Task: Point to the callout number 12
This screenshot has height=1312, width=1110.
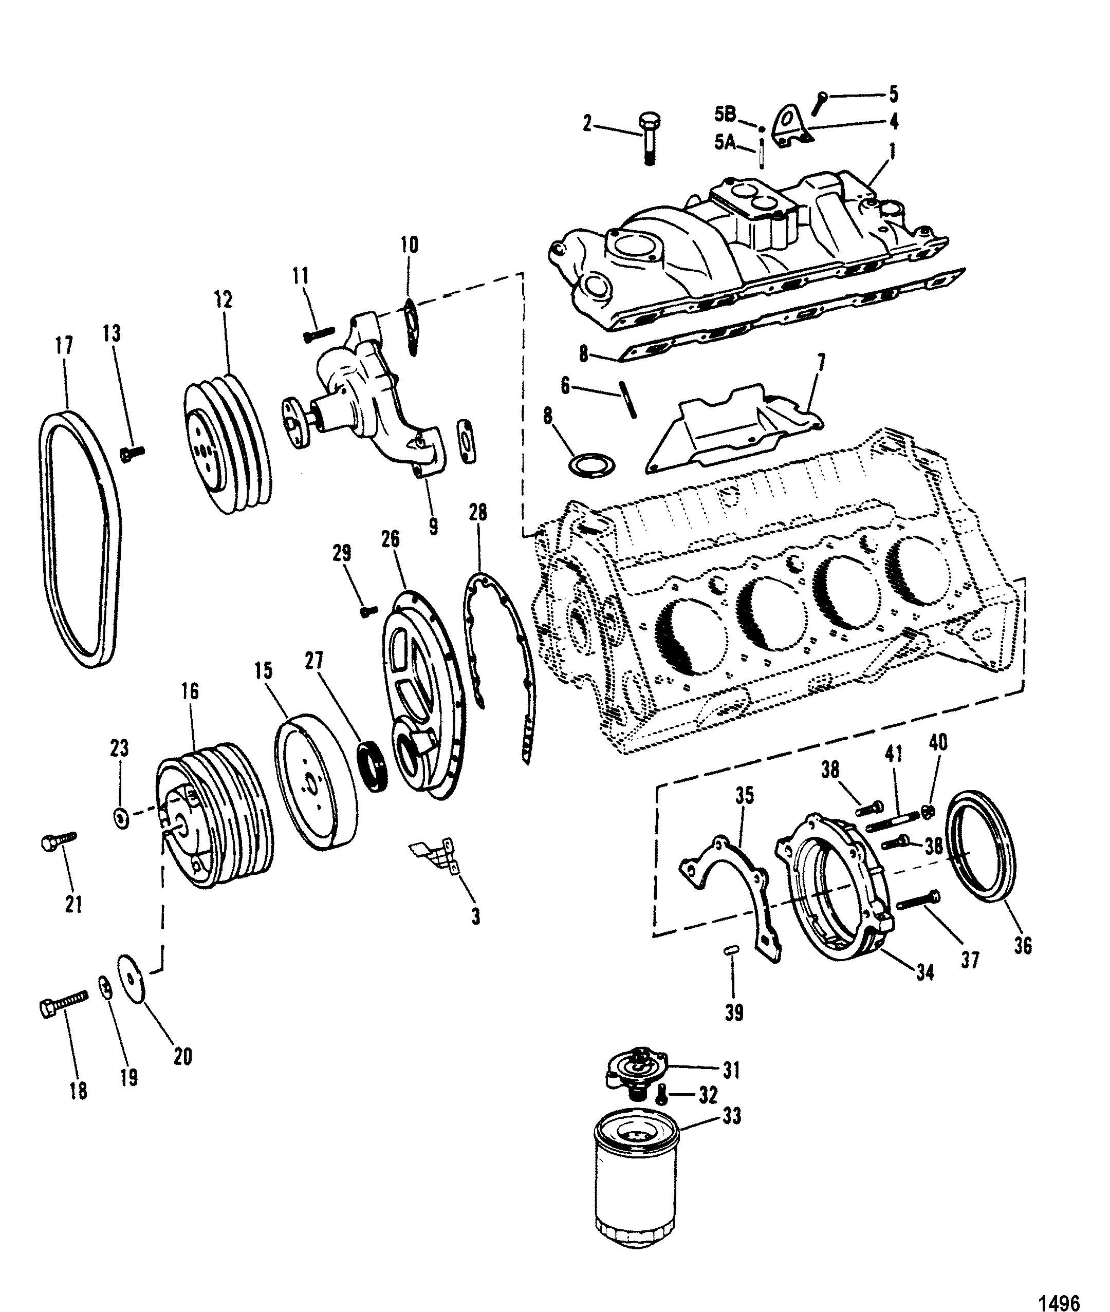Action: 223,299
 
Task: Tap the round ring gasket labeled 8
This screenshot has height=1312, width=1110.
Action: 591,467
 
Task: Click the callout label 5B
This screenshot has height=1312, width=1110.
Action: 725,115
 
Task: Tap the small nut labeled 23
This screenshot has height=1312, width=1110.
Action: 120,817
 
